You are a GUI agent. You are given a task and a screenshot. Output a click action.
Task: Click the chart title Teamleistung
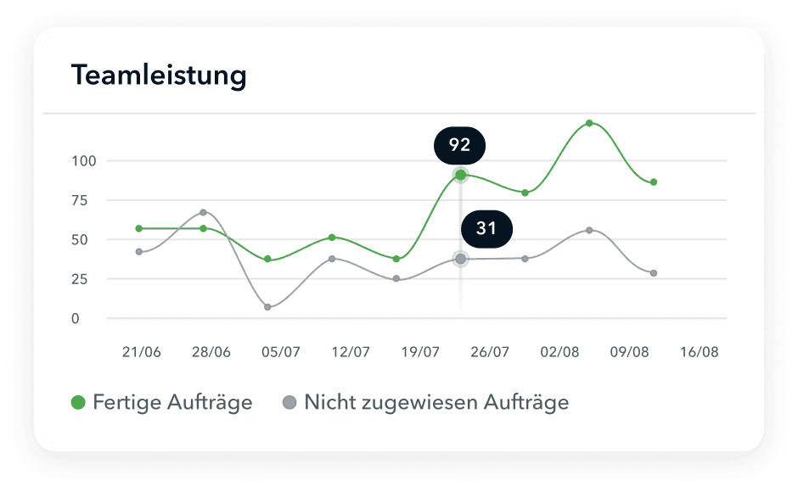[159, 75]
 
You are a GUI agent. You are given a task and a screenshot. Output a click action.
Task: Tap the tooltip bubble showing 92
[459, 145]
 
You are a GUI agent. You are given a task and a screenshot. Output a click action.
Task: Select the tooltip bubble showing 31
[486, 228]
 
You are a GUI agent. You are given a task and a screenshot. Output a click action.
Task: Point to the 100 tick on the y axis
[84, 160]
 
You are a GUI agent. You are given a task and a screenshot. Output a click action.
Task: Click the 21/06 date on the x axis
[141, 352]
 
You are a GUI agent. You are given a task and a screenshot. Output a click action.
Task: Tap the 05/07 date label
[280, 352]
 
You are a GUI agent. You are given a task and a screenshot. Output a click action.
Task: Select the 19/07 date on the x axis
[419, 352]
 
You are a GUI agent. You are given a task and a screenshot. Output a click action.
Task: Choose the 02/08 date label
[558, 352]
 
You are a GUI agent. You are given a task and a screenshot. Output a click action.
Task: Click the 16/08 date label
[699, 352]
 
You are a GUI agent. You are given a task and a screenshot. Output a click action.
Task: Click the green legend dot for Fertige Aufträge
[78, 403]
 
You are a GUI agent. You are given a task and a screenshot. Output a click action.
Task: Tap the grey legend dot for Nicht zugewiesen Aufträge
[289, 403]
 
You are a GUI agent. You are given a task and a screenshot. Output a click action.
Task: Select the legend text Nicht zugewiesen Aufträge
[436, 402]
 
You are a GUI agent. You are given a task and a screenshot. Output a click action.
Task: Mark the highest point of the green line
[589, 124]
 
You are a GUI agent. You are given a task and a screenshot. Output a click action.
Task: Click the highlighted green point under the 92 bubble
[460, 176]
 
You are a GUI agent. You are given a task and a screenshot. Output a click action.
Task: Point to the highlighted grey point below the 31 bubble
[460, 259]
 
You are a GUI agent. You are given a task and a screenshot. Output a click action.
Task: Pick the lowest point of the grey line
[267, 307]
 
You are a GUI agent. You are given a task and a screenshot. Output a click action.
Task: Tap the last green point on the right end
[654, 182]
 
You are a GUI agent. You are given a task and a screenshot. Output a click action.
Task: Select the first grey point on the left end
[138, 252]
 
